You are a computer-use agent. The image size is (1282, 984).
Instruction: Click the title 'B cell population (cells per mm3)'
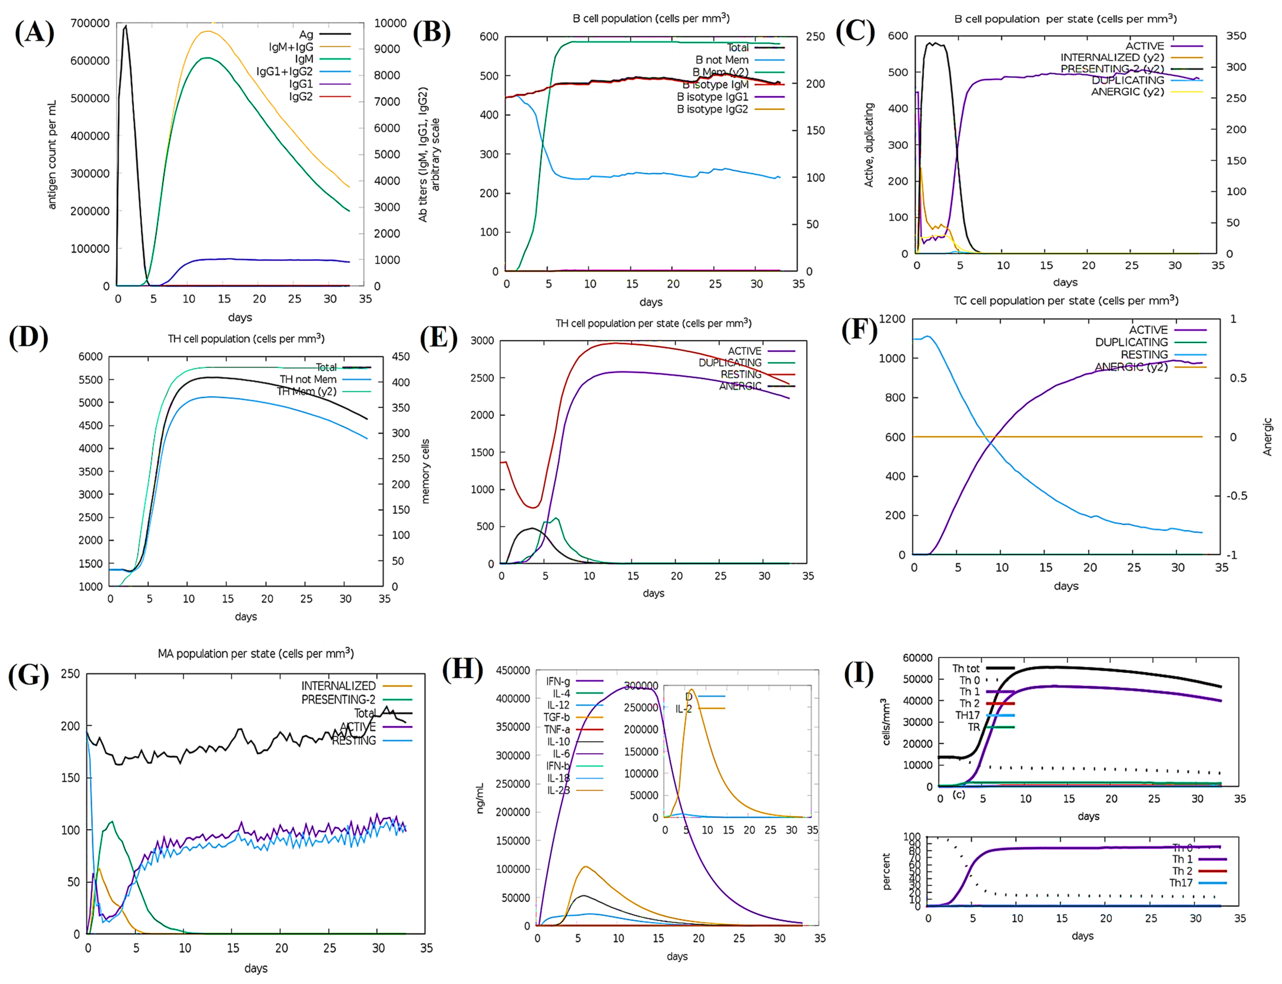(650, 18)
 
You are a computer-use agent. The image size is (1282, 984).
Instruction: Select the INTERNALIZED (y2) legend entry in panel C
(1112, 57)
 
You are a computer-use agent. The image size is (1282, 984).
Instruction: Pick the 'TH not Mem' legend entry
(308, 379)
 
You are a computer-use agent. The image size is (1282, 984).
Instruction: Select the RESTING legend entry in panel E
(740, 374)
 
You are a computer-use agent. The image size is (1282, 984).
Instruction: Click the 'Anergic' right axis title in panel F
(1267, 436)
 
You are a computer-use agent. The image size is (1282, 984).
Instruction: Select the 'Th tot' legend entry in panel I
(966, 668)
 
